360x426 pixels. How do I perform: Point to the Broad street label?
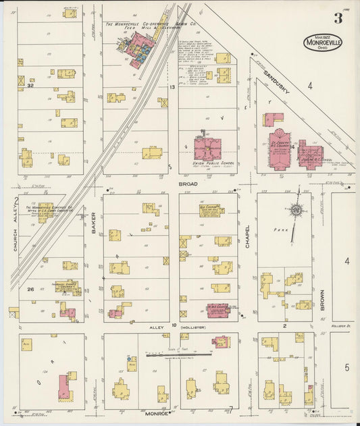coord(187,183)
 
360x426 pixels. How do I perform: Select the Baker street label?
coord(94,223)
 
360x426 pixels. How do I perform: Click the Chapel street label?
coord(247,236)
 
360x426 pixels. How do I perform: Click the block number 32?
coord(30,86)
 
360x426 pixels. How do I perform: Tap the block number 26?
coord(30,289)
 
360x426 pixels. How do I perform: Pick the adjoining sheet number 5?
coord(347,367)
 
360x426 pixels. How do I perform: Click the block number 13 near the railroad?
coord(172,87)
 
